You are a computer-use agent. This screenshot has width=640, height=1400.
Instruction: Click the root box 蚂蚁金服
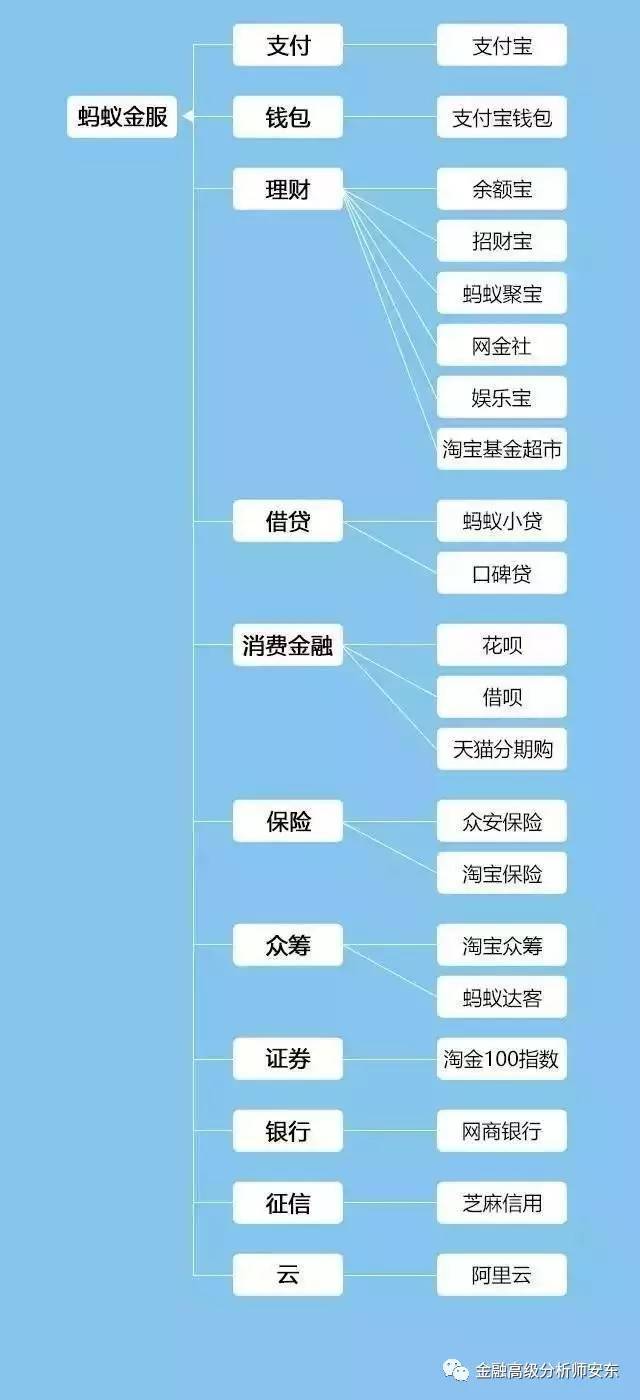(x=122, y=116)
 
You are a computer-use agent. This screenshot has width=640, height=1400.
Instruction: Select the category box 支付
(x=288, y=45)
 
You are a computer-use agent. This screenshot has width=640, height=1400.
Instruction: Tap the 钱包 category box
(x=288, y=117)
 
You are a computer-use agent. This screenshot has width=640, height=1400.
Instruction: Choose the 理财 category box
(x=288, y=189)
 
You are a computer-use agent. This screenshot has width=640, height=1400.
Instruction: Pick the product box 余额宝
(x=502, y=189)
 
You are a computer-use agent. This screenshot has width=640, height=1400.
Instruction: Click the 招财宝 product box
(x=502, y=241)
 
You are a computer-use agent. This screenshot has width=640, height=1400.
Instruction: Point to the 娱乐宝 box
(x=502, y=397)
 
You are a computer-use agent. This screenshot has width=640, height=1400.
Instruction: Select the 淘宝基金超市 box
(x=502, y=449)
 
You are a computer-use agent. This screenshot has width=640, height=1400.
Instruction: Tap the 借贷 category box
(x=288, y=521)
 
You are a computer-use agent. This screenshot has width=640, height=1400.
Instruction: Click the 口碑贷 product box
(x=502, y=572)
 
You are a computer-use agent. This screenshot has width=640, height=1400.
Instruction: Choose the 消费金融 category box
(x=288, y=645)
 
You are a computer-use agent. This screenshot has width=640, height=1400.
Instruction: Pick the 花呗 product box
(x=502, y=645)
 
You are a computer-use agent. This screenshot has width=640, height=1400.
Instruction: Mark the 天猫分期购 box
(x=502, y=749)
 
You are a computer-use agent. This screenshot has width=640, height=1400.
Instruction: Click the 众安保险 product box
(x=502, y=821)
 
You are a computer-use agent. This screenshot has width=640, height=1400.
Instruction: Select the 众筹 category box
(x=288, y=945)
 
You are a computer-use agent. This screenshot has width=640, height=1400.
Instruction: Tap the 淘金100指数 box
(x=502, y=1059)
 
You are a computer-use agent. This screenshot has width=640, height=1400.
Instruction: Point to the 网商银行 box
(x=502, y=1131)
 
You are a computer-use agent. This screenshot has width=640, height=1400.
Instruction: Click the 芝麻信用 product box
(x=502, y=1202)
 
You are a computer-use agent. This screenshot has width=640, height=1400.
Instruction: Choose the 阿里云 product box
(x=502, y=1274)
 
